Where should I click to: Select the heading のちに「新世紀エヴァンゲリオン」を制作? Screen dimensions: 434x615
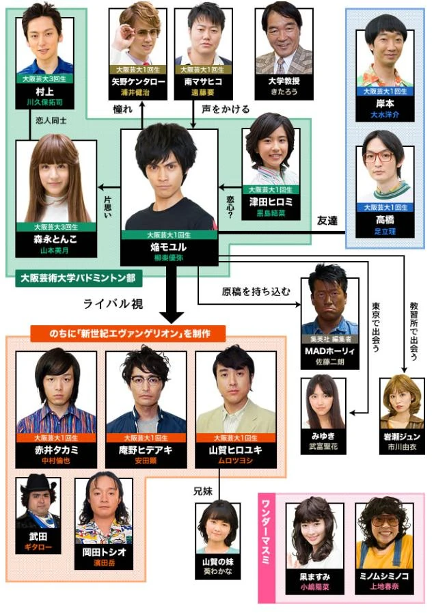(x=128, y=333)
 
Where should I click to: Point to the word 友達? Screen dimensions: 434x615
(x=328, y=221)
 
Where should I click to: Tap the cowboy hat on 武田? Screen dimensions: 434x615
(x=38, y=484)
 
